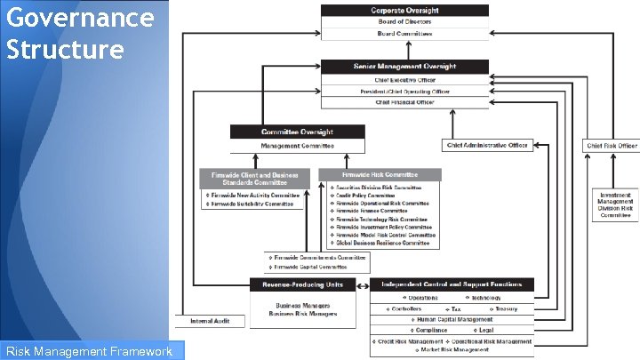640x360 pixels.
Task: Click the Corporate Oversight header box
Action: point(404,11)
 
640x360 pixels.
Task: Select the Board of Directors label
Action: point(404,21)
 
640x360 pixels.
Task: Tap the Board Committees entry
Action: point(404,33)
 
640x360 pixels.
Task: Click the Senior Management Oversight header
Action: point(404,67)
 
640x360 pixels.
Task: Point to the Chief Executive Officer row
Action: point(404,80)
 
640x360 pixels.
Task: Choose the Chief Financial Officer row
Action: point(404,102)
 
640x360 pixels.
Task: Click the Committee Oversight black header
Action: point(297,132)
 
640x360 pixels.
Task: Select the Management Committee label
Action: point(297,145)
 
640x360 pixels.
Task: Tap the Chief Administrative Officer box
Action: point(486,145)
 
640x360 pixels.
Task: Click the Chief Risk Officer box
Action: point(611,146)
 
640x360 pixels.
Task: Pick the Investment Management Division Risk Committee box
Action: point(615,204)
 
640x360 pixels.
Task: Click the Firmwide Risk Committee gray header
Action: point(380,174)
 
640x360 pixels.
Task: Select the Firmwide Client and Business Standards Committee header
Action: point(255,178)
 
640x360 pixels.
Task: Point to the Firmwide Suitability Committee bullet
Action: point(252,204)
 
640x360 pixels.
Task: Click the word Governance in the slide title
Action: point(79,15)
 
